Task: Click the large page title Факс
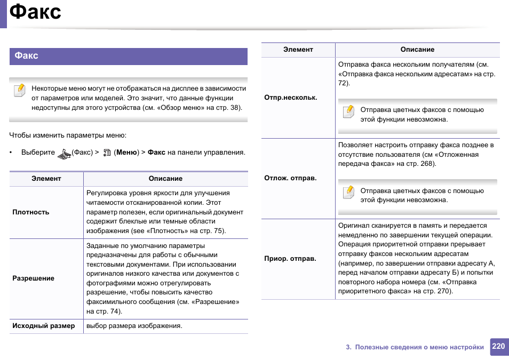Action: point(35,12)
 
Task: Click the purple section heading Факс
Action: point(27,56)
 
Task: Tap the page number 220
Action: point(498,346)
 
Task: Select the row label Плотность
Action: point(31,212)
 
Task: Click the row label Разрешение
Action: point(33,278)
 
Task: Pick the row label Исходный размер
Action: point(44,326)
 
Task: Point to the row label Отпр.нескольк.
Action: point(291,98)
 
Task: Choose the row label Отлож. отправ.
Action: point(290,178)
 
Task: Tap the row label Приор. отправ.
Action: point(290,259)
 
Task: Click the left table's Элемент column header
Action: point(46,179)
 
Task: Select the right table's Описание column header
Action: point(417,50)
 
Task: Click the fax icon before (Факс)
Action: point(64,154)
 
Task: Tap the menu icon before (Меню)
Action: point(107,153)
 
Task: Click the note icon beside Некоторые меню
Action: point(19,90)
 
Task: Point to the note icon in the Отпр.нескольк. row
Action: point(348,111)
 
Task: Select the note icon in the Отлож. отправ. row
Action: point(348,193)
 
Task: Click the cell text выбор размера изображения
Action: point(134,326)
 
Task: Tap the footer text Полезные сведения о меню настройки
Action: point(419,347)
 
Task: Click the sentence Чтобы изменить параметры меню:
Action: point(68,135)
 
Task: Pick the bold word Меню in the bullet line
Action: point(127,153)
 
